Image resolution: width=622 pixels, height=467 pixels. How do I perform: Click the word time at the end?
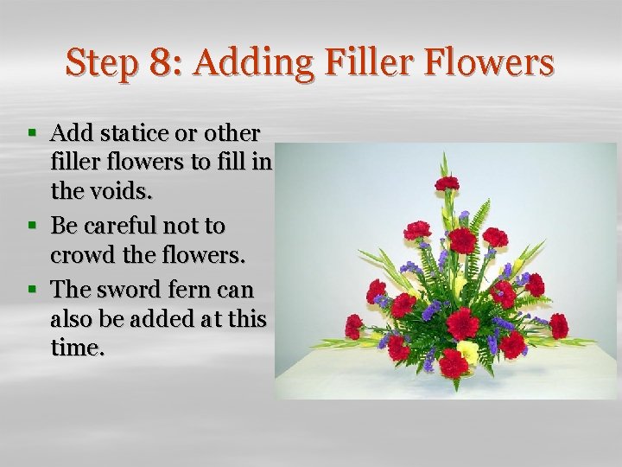76,349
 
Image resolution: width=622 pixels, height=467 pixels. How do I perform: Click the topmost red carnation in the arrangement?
447,183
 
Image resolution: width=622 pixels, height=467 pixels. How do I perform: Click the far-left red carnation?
353,325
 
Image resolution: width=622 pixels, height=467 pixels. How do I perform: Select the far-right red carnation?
559,326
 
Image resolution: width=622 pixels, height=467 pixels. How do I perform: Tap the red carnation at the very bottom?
453,364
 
